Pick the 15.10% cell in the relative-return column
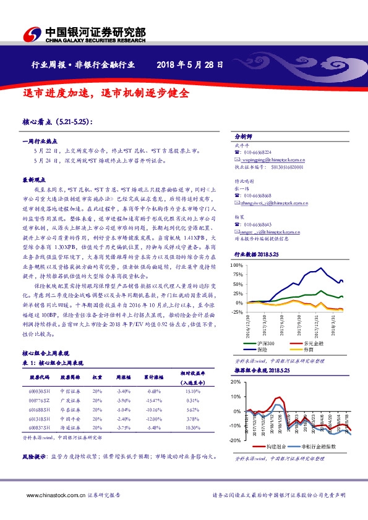click(x=193, y=391)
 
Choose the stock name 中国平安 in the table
click(x=67, y=418)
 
